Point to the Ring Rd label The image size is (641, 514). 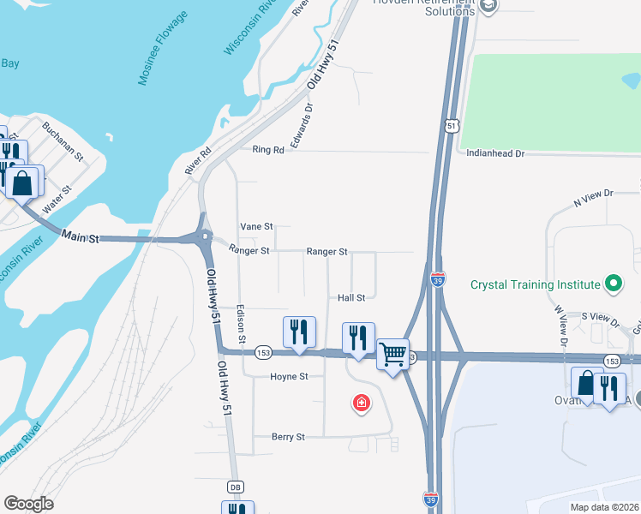pyautogui.click(x=267, y=150)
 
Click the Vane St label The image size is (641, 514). pyautogui.click(x=256, y=226)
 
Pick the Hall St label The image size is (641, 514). pyautogui.click(x=351, y=297)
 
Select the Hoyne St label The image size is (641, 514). pyautogui.click(x=289, y=377)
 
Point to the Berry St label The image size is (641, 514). pyautogui.click(x=288, y=437)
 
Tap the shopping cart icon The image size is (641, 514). pyautogui.click(x=392, y=352)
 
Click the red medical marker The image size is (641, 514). pyautogui.click(x=362, y=402)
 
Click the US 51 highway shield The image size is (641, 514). pyautogui.click(x=452, y=127)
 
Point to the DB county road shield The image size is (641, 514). pyautogui.click(x=235, y=487)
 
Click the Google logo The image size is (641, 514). pyautogui.click(x=29, y=504)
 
